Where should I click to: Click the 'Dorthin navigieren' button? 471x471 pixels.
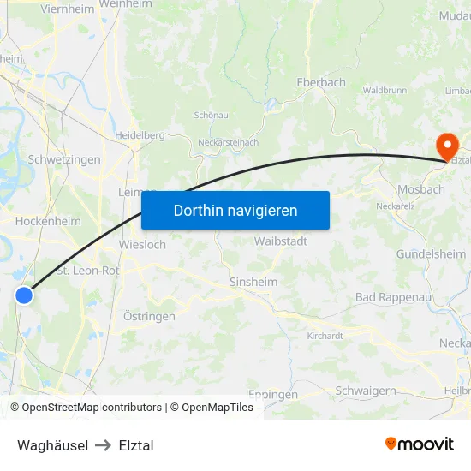point(235,210)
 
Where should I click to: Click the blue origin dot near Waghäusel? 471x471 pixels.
point(24,295)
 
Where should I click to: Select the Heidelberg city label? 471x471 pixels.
point(140,135)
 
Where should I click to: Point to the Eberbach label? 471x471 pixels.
point(320,82)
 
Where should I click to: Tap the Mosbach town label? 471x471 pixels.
point(420,189)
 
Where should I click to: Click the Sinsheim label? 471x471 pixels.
point(253,281)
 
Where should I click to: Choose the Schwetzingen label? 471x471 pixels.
point(64,159)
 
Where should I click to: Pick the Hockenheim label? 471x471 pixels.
point(48,221)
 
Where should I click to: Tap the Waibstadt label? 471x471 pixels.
point(280,241)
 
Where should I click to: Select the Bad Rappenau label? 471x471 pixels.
point(390,297)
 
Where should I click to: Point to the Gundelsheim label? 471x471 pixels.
point(431,254)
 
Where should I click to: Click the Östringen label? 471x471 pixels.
point(149,316)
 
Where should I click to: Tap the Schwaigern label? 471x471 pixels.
point(366,390)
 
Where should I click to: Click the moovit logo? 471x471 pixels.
point(420,444)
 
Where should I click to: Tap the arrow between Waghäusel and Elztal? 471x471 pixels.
point(104,445)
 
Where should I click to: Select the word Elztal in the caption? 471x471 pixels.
point(136,445)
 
